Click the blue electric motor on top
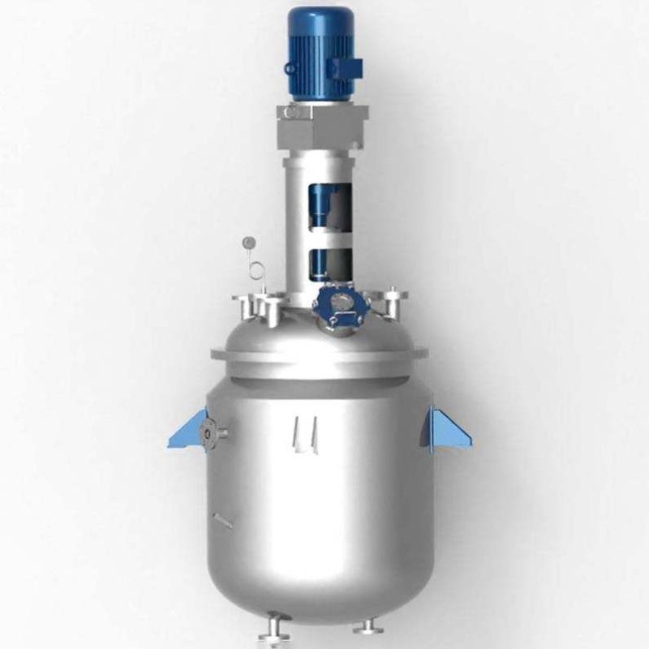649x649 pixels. pos(321,53)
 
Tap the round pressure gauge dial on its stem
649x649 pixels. pos(249,242)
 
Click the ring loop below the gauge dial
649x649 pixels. pos(256,270)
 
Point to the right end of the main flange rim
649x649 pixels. pos(423,354)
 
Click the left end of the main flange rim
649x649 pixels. pos(216,355)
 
